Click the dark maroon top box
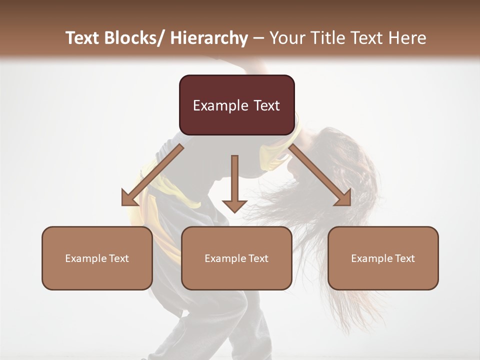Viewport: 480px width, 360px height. pyautogui.click(x=236, y=105)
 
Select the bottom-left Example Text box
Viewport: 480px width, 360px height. pyautogui.click(x=97, y=258)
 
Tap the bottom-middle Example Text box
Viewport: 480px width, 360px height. pyautogui.click(x=236, y=258)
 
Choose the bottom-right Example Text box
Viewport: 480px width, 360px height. pyautogui.click(x=383, y=258)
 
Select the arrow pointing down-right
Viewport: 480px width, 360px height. pyautogui.click(x=320, y=174)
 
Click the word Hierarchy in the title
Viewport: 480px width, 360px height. pyautogui.click(x=209, y=38)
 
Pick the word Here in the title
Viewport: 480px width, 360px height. pyautogui.click(x=407, y=38)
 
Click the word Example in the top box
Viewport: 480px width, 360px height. pyautogui.click(x=220, y=105)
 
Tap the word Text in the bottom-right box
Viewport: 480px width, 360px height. pyautogui.click(x=404, y=258)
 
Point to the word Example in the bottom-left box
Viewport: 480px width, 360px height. pyautogui.click(x=84, y=258)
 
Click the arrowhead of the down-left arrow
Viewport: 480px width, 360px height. pyautogui.click(x=128, y=198)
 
